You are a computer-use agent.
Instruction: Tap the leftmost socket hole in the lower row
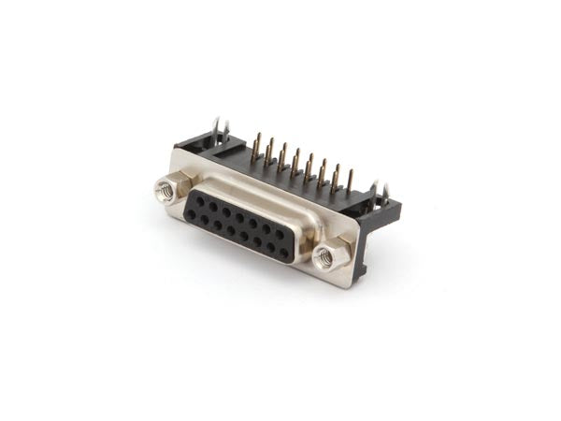tap(191, 214)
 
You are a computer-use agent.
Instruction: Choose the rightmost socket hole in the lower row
tap(284, 254)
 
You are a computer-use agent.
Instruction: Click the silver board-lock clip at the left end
tap(220, 130)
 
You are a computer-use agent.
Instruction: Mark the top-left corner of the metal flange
tap(177, 150)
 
